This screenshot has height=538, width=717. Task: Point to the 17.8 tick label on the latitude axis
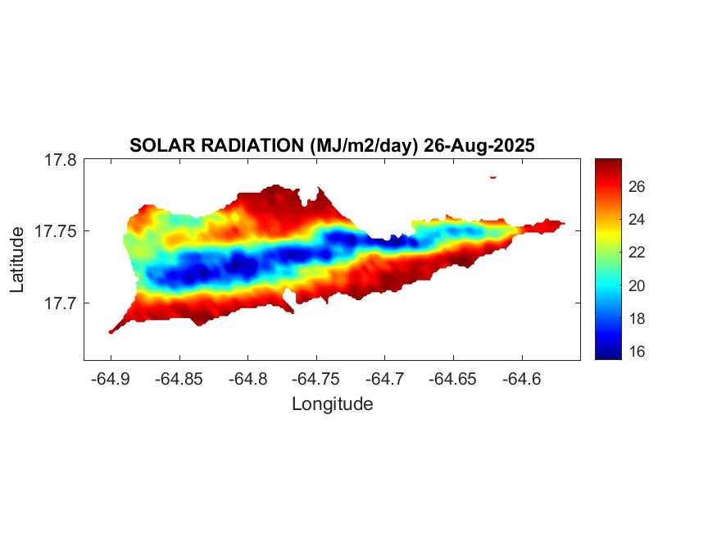60,160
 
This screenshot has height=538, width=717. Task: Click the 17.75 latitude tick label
56,231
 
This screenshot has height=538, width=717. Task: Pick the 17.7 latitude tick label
60,303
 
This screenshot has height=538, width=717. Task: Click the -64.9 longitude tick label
111,379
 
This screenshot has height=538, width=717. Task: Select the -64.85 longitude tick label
179,379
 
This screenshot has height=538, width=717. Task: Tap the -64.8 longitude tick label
248,379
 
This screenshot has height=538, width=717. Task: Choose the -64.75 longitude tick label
317,379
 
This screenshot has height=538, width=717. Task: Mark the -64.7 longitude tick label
385,379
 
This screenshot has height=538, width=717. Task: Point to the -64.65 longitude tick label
454,379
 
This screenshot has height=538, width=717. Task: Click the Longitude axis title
332,403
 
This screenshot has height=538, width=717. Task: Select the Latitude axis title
18,260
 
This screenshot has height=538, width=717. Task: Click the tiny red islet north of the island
492,176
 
